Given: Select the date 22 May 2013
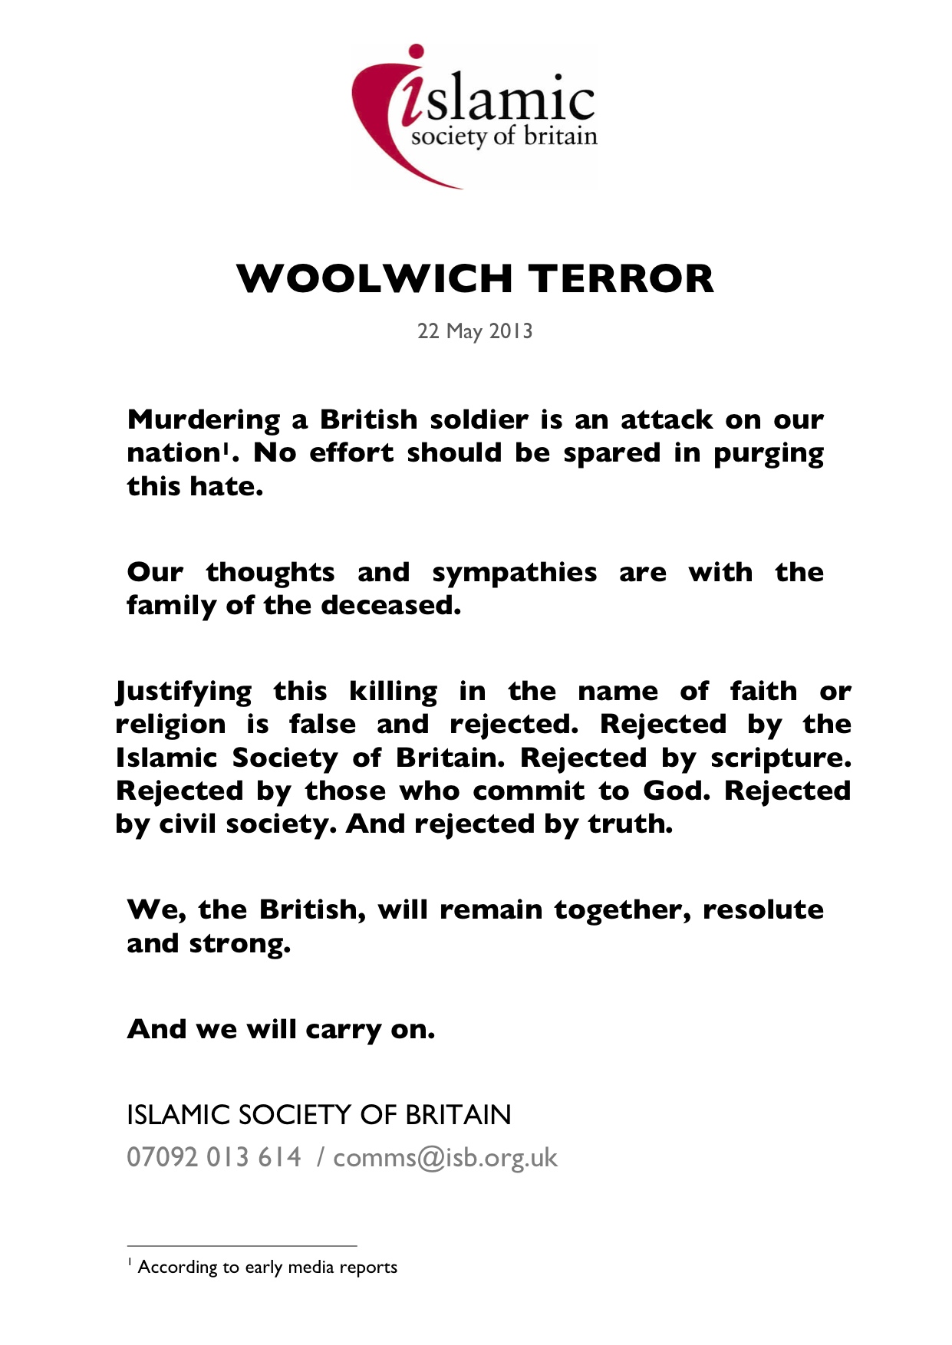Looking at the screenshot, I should pyautogui.click(x=475, y=331).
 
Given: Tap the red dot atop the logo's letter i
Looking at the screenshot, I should pyautogui.click(x=417, y=52).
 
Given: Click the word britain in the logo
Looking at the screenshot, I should pyautogui.click(x=560, y=136).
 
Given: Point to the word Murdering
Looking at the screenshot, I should pyautogui.click(x=204, y=420).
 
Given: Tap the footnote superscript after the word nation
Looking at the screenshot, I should pyautogui.click(x=225, y=447).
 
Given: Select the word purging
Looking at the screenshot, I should pyautogui.click(x=768, y=454).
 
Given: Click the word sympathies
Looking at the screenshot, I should pyautogui.click(x=514, y=573).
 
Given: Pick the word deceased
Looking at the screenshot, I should pyautogui.click(x=390, y=606).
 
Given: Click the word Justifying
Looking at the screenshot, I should pyautogui.click(x=183, y=692).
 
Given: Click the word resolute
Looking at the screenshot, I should pyautogui.click(x=763, y=910).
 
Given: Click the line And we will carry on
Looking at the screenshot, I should pyautogui.click(x=281, y=1029).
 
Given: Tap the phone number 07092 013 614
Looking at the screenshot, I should pyautogui.click(x=214, y=1157).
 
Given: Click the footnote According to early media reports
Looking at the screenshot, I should pyautogui.click(x=267, y=1268).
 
